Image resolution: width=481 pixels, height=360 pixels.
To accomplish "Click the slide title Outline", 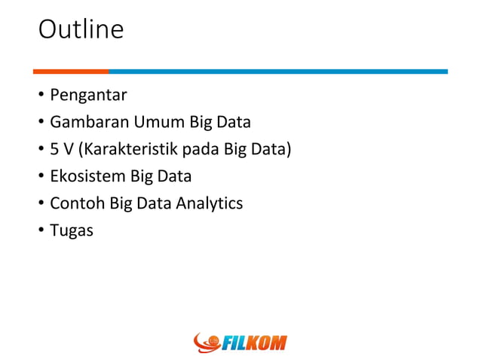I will [x=81, y=30].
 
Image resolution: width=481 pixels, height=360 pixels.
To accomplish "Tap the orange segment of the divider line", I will [x=71, y=72].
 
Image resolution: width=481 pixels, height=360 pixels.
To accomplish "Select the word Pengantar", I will [x=88, y=96].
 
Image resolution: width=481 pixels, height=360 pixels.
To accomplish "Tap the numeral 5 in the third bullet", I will [x=54, y=149].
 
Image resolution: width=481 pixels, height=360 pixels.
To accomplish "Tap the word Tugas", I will [x=72, y=230].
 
